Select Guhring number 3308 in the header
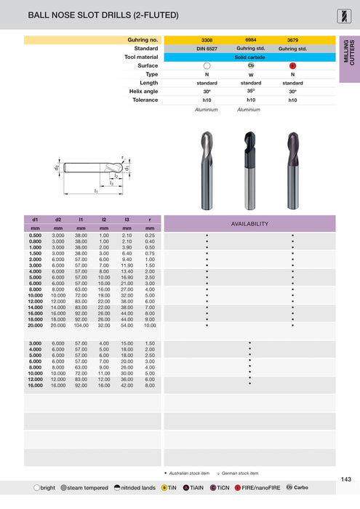[x=207, y=39]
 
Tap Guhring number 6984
[x=249, y=39]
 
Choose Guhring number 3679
[x=292, y=39]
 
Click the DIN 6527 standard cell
[x=207, y=48]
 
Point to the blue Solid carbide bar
[x=249, y=57]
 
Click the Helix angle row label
[x=142, y=92]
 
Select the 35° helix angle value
[x=249, y=92]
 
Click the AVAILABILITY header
[x=249, y=223]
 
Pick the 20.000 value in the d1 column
[x=35, y=326]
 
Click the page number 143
[x=345, y=478]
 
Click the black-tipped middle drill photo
[x=249, y=167]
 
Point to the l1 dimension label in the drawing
[x=95, y=191]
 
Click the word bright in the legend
[x=48, y=487]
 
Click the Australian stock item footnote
[x=190, y=473]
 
